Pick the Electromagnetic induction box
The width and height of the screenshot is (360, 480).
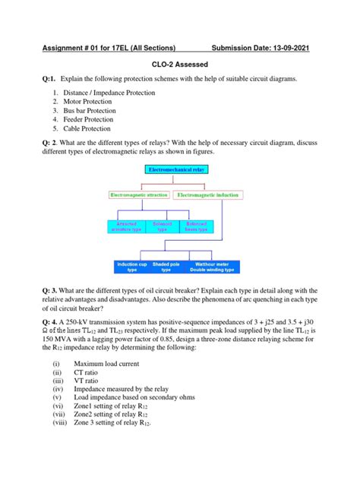point(213,195)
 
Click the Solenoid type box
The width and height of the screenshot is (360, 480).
point(163,226)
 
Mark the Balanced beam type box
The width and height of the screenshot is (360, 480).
point(197,226)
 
